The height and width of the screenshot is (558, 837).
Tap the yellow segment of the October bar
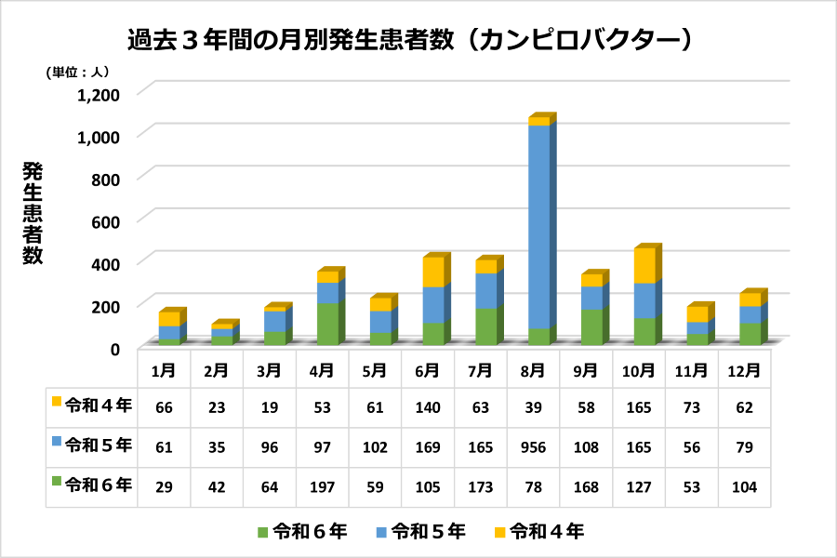pos(644,266)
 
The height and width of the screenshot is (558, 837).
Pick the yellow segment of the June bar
pos(432,272)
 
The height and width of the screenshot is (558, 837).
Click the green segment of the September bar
pos(591,326)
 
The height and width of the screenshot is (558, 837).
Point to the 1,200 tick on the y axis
pos(99,94)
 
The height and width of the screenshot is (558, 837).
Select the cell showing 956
pos(534,445)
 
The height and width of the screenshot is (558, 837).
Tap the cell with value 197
pos(323,485)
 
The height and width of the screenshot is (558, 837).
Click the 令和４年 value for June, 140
pos(428,406)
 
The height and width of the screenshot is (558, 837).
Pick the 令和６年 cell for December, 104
pos(746,485)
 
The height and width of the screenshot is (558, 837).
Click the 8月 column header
pos(534,369)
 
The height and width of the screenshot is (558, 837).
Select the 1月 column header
pos(164,369)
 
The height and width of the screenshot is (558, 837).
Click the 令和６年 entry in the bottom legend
pos(302,532)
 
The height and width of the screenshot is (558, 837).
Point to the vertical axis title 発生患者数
pos(33,213)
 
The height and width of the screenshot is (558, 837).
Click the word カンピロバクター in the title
pos(577,39)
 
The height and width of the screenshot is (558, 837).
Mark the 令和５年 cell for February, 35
pos(217,445)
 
